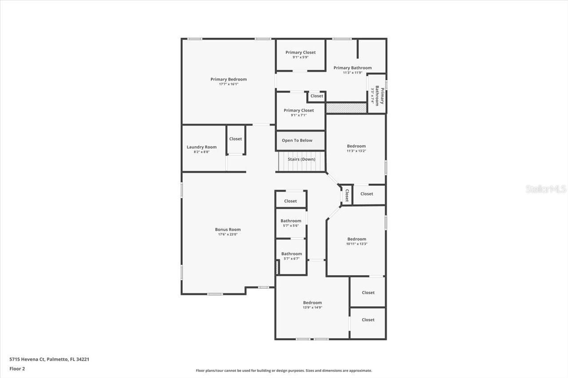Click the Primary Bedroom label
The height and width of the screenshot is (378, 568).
[229, 79]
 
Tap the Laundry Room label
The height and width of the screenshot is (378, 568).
[201, 147]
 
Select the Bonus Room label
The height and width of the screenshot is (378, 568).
[228, 230]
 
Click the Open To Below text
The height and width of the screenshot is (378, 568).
[297, 140]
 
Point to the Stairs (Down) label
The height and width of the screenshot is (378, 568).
[301, 159]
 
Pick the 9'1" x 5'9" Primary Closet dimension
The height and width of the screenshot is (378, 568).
[300, 57]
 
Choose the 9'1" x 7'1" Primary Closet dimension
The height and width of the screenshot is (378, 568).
[299, 115]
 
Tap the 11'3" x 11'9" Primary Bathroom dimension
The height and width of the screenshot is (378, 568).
[353, 73]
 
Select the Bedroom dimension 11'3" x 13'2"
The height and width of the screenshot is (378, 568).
[356, 151]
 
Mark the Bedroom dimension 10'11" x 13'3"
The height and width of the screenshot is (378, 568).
[357, 244]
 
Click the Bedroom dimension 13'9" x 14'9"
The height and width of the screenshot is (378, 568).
[312, 307]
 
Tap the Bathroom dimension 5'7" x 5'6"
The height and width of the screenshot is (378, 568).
[291, 226]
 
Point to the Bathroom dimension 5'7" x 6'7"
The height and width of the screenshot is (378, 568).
[292, 259]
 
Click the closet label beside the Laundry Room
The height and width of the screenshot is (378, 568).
[236, 139]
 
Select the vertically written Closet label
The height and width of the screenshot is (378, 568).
[347, 195]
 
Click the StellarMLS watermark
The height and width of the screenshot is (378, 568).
[546, 189]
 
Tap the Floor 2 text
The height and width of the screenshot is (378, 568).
[17, 368]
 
